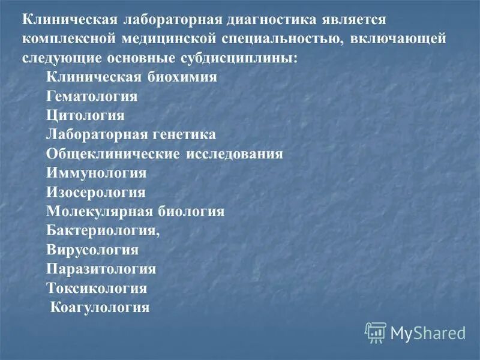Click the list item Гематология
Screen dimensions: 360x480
tap(92, 96)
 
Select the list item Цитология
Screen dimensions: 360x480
tap(85, 115)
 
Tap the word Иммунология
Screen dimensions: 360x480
tap(96, 173)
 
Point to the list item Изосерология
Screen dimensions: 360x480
tap(95, 192)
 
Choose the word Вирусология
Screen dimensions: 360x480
tap(92, 250)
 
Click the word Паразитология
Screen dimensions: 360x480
tap(101, 269)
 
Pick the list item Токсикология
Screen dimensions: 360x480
tap(96, 288)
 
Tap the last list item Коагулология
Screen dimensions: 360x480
tap(100, 307)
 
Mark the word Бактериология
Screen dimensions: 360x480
tap(102, 230)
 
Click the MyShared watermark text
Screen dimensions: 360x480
tap(428, 332)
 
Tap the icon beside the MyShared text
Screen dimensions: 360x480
tap(376, 332)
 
